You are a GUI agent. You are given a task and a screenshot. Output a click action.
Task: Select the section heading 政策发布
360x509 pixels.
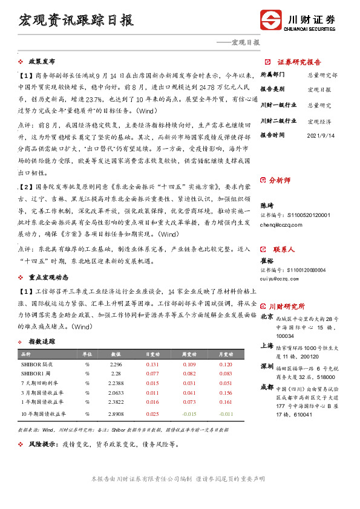pyautogui.click(x=42, y=62)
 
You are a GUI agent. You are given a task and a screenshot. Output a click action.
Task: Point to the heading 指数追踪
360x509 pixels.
pyautogui.click(x=42, y=342)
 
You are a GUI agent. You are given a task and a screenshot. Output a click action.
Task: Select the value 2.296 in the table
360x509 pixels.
pyautogui.click(x=116, y=365)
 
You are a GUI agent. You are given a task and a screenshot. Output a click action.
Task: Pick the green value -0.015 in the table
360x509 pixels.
pyautogui.click(x=189, y=413)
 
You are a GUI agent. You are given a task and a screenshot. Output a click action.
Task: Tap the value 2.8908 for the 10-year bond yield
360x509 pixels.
pyautogui.click(x=116, y=413)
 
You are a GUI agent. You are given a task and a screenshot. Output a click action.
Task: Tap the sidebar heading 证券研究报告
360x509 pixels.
pyautogui.click(x=299, y=62)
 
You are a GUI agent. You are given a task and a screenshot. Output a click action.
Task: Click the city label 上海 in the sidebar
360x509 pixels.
pyautogui.click(x=267, y=346)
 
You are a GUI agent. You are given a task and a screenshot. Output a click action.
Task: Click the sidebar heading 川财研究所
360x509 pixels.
pyautogui.click(x=291, y=306)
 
